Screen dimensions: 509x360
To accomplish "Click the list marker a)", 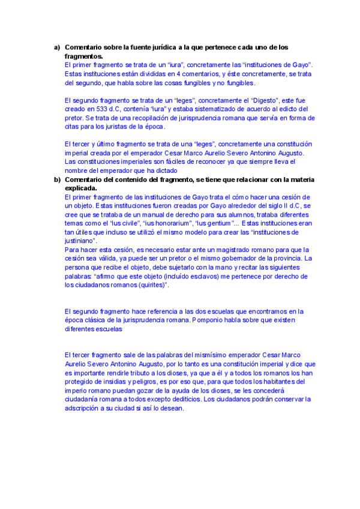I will (57, 47).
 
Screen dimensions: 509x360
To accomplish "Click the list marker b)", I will (57, 179).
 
